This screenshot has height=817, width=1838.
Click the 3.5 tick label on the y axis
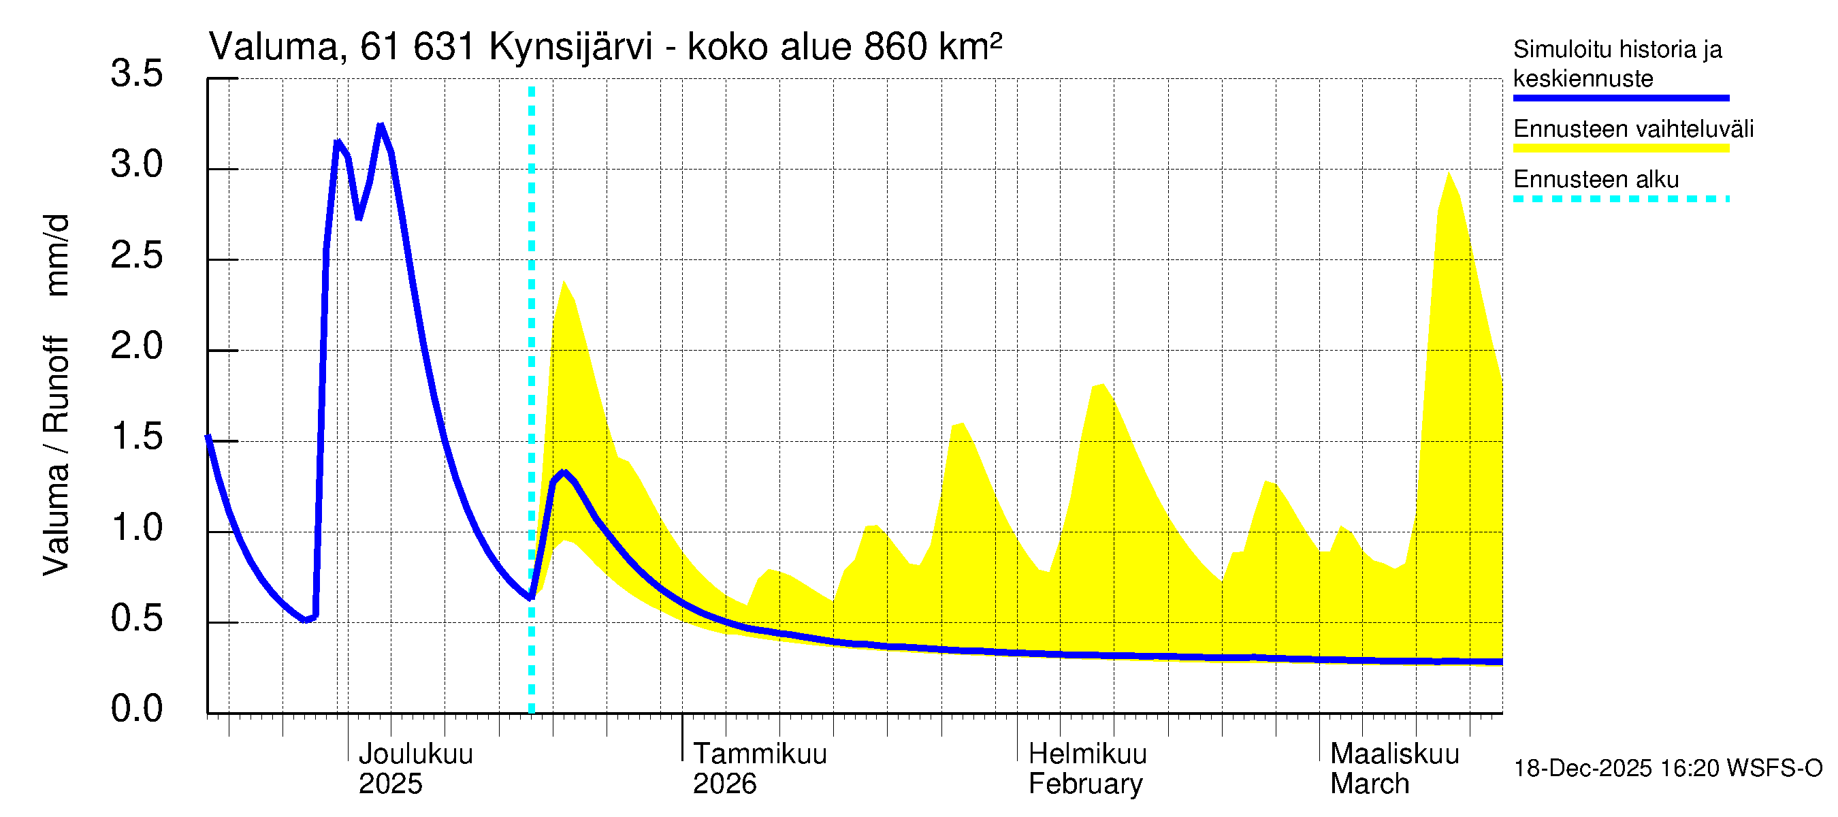[x=136, y=74]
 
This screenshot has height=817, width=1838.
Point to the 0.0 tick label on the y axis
[x=136, y=709]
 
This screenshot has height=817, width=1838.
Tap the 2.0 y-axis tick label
[x=136, y=346]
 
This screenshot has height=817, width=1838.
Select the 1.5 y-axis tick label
[x=136, y=436]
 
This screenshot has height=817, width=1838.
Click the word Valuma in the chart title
[x=272, y=47]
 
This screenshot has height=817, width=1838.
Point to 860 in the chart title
[x=895, y=47]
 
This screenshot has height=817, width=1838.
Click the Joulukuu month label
[x=415, y=754]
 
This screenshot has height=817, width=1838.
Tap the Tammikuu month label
[x=759, y=754]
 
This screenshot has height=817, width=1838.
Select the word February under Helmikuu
[x=1084, y=784]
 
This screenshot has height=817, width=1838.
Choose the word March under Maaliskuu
[x=1369, y=784]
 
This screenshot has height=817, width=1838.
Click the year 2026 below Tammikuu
[x=724, y=784]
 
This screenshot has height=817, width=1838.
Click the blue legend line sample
[x=1620, y=98]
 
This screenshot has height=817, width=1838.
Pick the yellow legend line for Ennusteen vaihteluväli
[x=1620, y=148]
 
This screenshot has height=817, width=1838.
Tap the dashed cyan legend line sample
[x=1620, y=199]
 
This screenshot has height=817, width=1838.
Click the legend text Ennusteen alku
[x=1596, y=179]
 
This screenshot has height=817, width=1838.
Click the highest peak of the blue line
[x=381, y=127]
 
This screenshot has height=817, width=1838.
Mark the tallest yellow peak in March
[x=1448, y=174]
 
